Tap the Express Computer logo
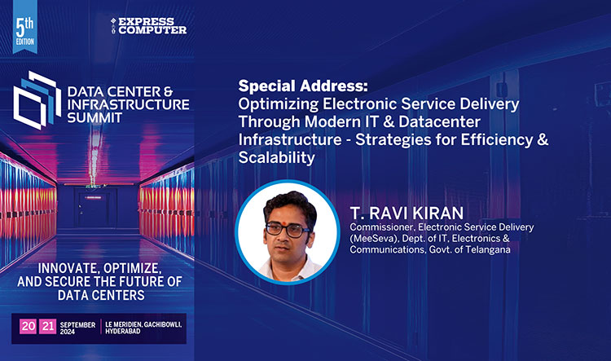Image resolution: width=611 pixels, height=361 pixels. point(147,25)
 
